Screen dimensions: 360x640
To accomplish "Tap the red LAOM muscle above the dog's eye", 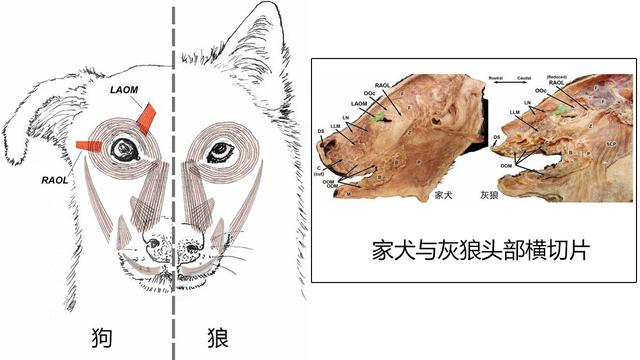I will tap(148, 117).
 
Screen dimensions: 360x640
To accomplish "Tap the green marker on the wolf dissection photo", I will tap(565, 108).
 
